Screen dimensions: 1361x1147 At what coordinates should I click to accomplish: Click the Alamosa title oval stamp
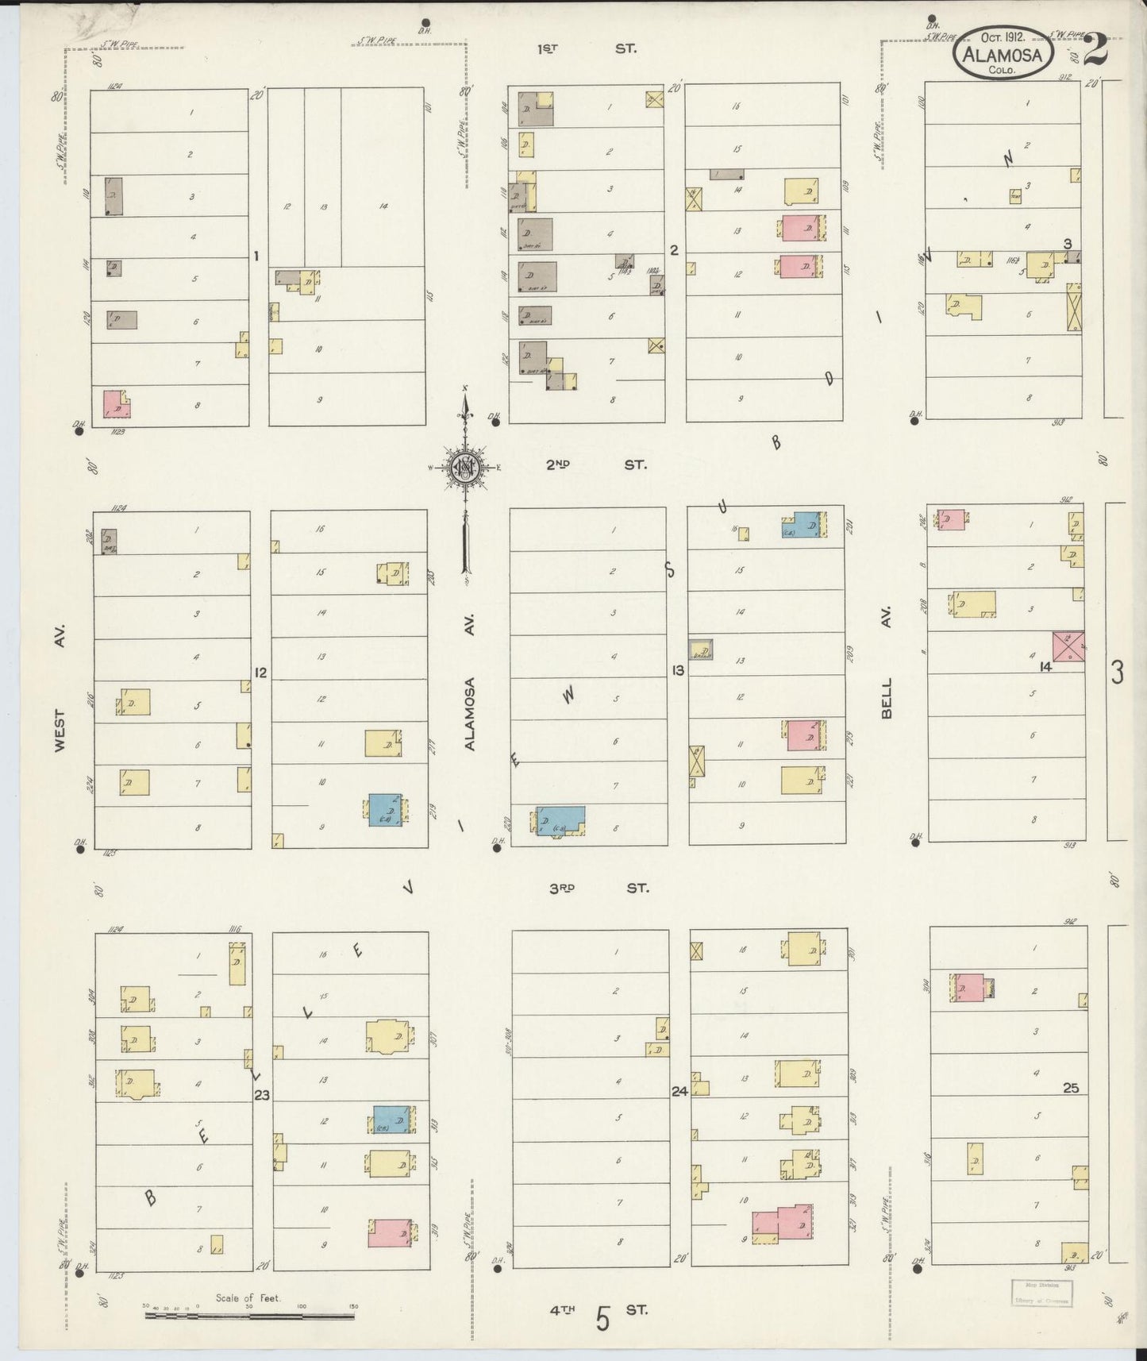point(1004,52)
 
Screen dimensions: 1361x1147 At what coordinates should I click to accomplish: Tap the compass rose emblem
point(464,466)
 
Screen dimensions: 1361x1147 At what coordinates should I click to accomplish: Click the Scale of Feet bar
point(249,1316)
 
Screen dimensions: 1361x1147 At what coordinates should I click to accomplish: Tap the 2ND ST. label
point(595,465)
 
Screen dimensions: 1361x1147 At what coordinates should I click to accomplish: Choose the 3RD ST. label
point(599,888)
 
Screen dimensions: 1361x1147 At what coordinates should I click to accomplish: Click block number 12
point(260,673)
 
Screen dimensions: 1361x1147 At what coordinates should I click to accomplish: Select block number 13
point(677,671)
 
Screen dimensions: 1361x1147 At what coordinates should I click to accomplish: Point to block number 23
point(262,1096)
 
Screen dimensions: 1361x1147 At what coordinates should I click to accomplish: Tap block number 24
point(679,1092)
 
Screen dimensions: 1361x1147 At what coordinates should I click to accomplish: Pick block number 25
point(1071,1088)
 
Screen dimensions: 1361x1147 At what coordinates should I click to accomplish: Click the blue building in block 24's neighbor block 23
point(391,1120)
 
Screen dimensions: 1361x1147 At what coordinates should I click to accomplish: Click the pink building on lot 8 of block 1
point(115,404)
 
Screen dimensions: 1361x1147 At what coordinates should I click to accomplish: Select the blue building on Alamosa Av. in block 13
point(561,820)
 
